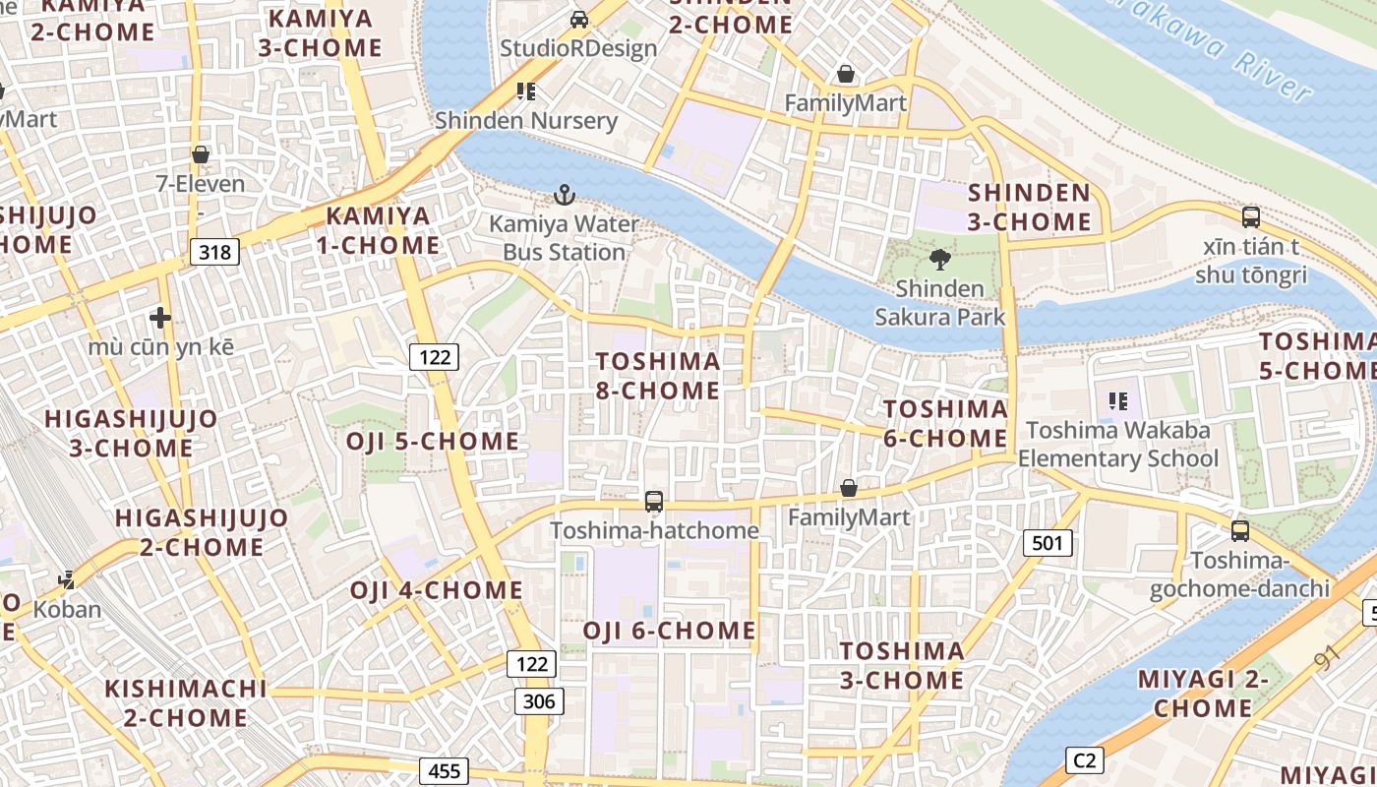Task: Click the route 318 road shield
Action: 214,252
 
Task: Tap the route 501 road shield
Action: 1048,542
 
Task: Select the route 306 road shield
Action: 539,700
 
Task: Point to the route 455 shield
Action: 444,771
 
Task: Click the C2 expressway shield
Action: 1084,759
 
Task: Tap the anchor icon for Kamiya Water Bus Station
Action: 564,195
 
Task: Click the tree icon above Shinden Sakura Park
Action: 940,260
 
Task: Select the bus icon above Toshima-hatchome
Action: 654,501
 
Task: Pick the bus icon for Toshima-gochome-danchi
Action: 1240,531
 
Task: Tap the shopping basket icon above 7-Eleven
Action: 201,154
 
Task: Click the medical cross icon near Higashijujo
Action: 160,317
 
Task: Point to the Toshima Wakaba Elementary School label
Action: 1117,444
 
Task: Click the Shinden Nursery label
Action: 526,121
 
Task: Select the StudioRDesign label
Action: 578,48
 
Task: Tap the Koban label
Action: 67,609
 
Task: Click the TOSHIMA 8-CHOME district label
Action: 658,376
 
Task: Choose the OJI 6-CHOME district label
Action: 669,631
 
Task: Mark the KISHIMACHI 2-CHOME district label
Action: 186,702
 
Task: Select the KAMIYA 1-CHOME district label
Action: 378,230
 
